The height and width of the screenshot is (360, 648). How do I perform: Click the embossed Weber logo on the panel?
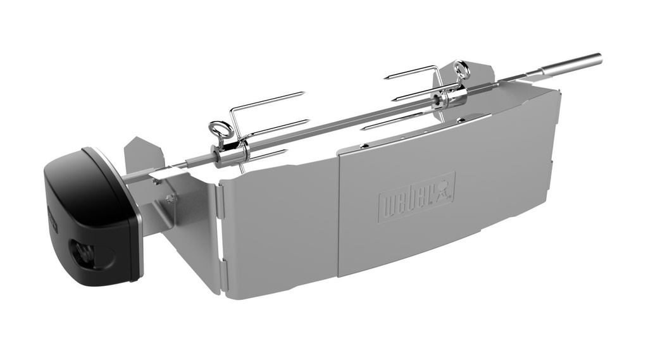(416, 196)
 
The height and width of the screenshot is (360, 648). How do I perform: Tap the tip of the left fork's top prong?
(304, 94)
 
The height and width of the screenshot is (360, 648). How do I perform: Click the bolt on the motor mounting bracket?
(169, 198)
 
